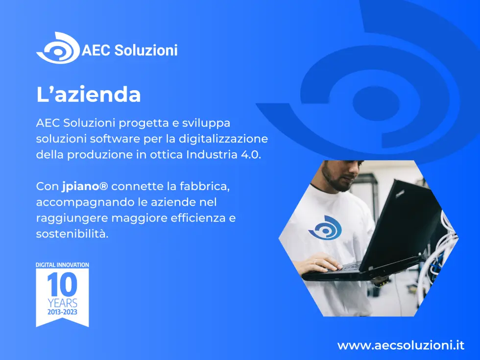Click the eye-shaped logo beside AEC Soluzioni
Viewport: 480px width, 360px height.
[58, 48]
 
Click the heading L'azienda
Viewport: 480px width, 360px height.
[89, 94]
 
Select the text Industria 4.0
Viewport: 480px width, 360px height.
[223, 155]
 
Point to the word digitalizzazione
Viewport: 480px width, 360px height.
[223, 139]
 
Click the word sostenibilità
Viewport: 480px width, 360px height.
[72, 234]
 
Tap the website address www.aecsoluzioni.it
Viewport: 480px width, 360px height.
[401, 346]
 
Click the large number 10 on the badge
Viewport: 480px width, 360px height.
[62, 285]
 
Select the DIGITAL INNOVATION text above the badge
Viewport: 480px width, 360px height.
[63, 265]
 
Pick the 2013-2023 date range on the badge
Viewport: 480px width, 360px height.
[63, 312]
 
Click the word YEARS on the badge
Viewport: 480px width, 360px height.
[63, 303]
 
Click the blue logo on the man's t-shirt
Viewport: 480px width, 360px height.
[325, 228]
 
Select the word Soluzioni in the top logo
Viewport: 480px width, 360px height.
[146, 50]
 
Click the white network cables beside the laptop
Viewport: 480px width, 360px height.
[442, 245]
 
